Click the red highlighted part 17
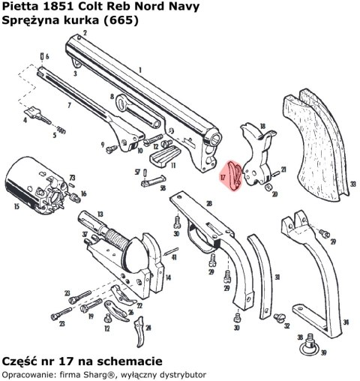click(235, 175)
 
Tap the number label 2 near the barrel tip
click(85, 34)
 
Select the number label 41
click(174, 257)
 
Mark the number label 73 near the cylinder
click(73, 178)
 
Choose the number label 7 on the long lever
click(69, 106)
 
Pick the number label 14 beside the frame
click(167, 277)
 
